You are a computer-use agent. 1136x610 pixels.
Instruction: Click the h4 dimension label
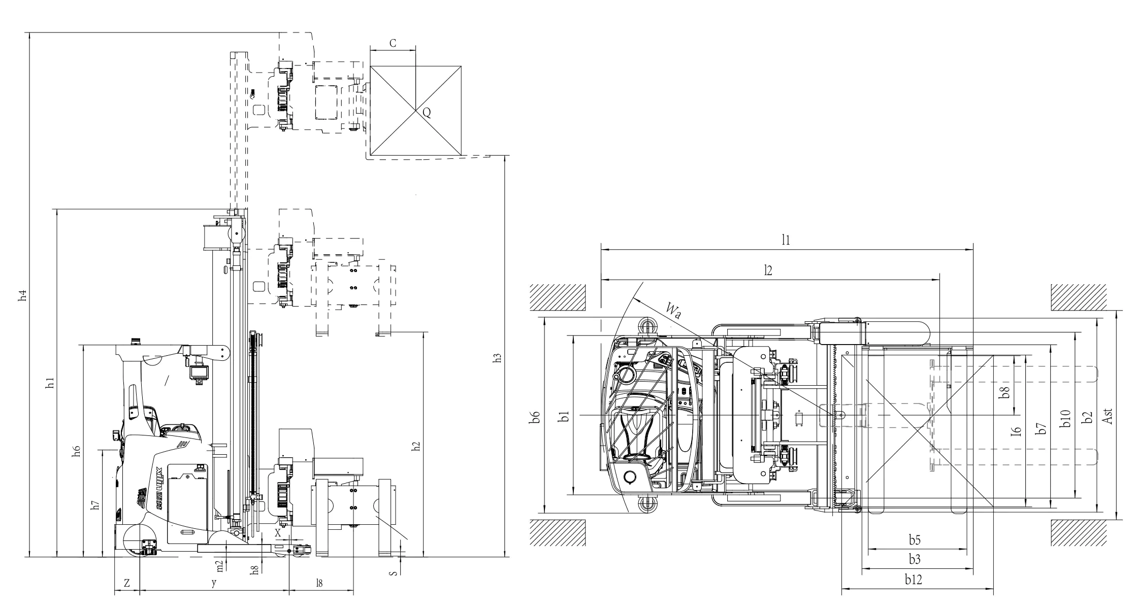(x=22, y=296)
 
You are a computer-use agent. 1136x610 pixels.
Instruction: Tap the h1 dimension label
(x=50, y=383)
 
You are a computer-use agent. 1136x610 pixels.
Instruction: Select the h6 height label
(x=77, y=451)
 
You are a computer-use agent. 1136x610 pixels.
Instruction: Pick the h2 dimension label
(x=416, y=447)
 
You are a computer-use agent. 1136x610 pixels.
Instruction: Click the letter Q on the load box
(x=427, y=113)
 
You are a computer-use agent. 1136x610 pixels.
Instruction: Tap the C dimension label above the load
(x=393, y=44)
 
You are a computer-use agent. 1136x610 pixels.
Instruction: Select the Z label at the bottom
(x=126, y=584)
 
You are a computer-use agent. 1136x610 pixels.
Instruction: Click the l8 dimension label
(x=319, y=584)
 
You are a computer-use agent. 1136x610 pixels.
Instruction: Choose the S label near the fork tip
(x=393, y=573)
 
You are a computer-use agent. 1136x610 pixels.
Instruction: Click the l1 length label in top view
(x=786, y=241)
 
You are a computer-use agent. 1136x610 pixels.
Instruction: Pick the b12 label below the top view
(x=914, y=580)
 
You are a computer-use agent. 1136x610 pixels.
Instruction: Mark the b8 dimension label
(x=1004, y=392)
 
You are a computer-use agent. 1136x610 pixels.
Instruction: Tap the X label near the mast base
(x=278, y=533)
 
